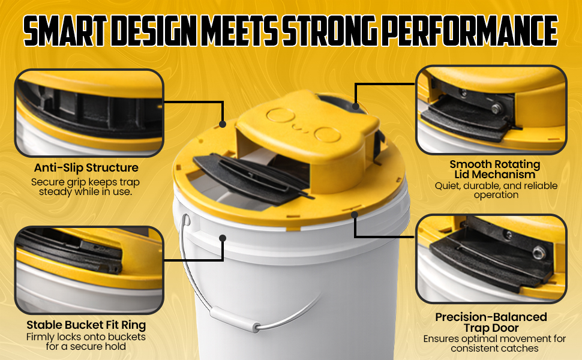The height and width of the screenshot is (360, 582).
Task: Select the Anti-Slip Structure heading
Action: pos(86,168)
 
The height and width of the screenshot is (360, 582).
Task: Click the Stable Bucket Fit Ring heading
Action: pos(86,325)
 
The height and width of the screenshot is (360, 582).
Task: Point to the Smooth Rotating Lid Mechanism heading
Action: pos(495,169)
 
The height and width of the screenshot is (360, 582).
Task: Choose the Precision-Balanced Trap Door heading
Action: pos(491,323)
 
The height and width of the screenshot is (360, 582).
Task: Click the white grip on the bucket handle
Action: pos(235,319)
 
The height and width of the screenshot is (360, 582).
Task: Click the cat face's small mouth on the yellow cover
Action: pos(297,128)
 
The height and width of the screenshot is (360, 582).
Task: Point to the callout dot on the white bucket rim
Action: pos(223,238)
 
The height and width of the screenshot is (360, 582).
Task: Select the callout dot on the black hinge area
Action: pos(356,107)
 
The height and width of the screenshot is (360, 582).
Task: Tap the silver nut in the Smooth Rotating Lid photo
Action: pos(496,109)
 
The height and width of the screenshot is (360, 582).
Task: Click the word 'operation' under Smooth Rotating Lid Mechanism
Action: pos(496,195)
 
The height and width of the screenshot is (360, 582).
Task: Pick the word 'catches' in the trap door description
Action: pos(520,349)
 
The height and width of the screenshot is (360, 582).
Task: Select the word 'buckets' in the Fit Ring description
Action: pos(127,337)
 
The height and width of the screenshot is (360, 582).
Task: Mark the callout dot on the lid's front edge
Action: pos(355,215)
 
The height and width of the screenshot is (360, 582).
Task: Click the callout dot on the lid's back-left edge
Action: pos(223,124)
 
